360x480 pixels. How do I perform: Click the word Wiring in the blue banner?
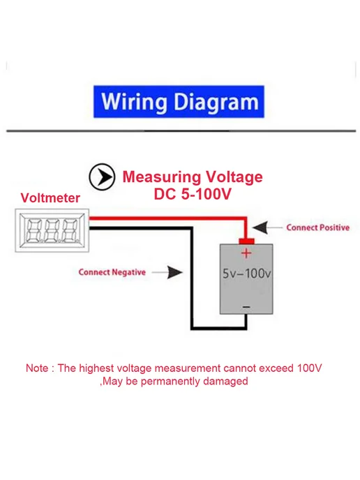tap(135, 103)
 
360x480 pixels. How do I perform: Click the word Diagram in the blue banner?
tap(216, 103)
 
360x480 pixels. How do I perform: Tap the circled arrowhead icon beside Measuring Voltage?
tap(102, 177)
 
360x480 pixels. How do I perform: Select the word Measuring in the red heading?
tap(161, 177)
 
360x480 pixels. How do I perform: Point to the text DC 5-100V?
tap(193, 194)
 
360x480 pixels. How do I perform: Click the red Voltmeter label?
tap(50, 198)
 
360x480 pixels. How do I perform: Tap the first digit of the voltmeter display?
tap(34, 230)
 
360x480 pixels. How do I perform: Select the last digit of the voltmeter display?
tap(70, 230)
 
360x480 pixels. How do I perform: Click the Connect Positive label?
tap(317, 227)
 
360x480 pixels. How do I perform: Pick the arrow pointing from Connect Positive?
tap(267, 227)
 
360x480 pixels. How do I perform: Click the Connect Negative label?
tap(112, 272)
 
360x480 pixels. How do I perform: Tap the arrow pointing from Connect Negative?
tap(167, 272)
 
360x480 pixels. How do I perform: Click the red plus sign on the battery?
tap(246, 253)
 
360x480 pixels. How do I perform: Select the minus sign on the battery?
tap(246, 307)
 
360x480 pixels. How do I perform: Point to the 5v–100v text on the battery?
tap(247, 273)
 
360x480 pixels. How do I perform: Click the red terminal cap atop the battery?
tap(246, 241)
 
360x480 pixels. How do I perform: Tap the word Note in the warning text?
tap(37, 368)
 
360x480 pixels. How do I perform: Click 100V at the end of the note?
tap(309, 368)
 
